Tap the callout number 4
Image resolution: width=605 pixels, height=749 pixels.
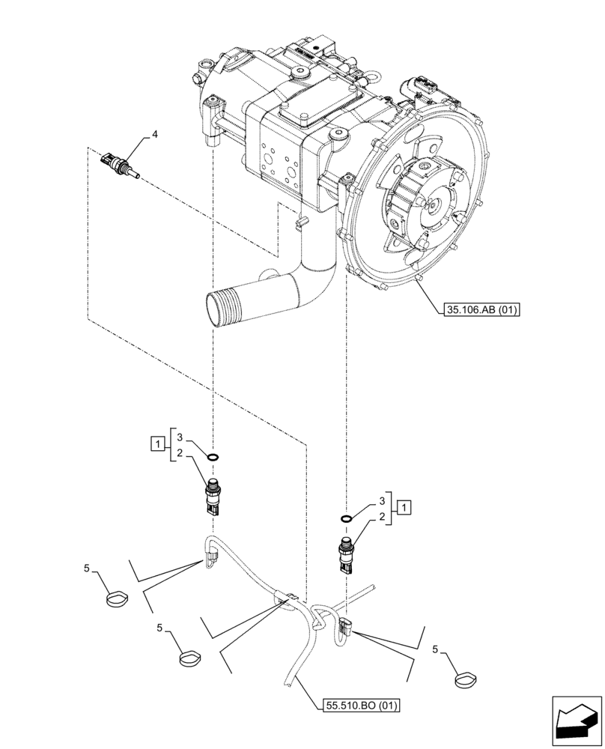click(x=155, y=135)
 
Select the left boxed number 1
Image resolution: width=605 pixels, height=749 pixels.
click(x=156, y=446)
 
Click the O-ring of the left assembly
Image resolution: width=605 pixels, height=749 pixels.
click(x=213, y=458)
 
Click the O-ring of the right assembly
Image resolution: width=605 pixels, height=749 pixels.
click(x=346, y=518)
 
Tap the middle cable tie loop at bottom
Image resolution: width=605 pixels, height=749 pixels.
click(x=190, y=659)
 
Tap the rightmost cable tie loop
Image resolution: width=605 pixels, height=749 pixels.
click(x=465, y=680)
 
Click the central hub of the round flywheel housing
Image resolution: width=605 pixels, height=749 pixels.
click(x=432, y=204)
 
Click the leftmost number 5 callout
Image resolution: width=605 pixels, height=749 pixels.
click(x=88, y=570)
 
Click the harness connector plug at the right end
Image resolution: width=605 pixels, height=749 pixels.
click(x=347, y=628)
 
